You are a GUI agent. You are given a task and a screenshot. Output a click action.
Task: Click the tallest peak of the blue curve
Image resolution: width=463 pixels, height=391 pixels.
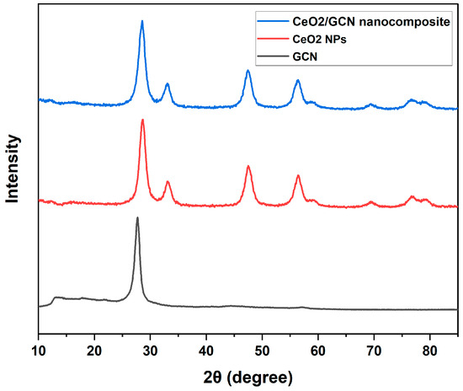pos(141,21)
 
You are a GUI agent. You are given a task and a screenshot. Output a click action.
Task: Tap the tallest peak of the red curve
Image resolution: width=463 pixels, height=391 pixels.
pos(142,120)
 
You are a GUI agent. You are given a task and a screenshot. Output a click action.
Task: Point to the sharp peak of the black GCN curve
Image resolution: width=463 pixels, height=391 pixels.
pos(137,217)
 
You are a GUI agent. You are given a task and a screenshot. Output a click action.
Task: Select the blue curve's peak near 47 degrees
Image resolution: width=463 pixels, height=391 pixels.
pos(247,71)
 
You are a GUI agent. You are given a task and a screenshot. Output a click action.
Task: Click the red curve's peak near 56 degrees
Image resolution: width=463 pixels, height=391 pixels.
pos(298,175)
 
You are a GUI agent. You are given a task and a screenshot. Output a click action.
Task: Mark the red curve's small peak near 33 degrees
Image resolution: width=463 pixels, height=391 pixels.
pos(168,182)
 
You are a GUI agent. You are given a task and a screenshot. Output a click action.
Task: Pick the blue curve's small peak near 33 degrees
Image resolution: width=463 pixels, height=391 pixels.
pos(167,84)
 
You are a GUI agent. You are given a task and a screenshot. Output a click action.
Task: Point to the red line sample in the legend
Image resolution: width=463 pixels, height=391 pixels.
pos(273,37)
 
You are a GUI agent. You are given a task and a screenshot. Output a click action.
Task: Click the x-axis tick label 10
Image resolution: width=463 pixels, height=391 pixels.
pos(39,346)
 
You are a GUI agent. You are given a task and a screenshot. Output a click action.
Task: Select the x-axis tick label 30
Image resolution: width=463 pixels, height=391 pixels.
pos(151,346)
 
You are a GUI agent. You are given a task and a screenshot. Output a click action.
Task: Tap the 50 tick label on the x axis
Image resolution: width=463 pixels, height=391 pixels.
pos(262,346)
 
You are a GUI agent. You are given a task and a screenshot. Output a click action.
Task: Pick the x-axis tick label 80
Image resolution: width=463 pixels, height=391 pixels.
pos(429,346)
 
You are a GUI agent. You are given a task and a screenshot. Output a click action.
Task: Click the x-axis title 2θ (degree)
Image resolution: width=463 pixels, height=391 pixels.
pos(247,376)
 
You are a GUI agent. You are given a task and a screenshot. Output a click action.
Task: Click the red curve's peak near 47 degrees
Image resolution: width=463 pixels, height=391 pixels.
pos(248,166)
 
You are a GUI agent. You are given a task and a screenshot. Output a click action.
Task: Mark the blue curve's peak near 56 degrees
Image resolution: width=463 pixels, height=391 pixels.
pos(298,80)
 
